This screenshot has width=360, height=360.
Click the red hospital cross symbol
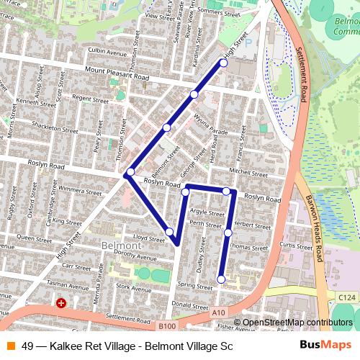point(61,304)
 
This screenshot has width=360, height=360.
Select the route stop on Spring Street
point(221,279)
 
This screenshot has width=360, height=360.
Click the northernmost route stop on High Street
point(223,63)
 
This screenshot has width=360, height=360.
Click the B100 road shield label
point(167,326)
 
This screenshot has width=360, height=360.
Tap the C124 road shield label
point(346,295)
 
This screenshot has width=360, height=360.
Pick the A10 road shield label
point(220,311)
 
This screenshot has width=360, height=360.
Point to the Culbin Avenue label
point(107,52)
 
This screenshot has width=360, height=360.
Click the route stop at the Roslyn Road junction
point(130,173)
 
